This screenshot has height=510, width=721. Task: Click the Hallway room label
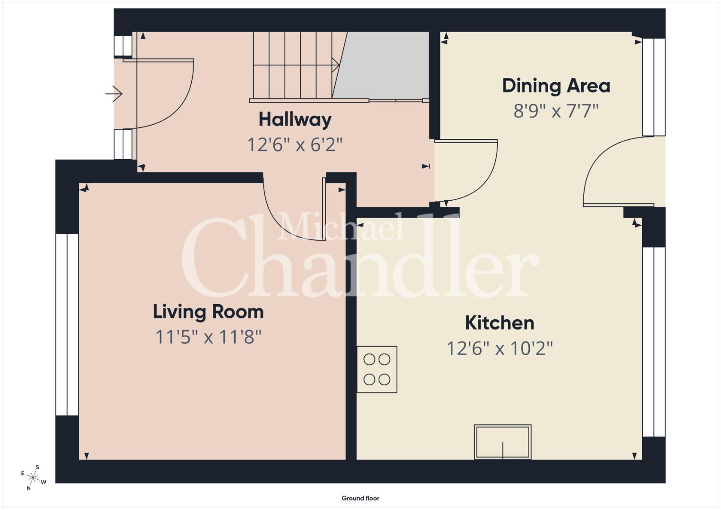295,120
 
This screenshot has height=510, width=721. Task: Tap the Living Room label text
208,312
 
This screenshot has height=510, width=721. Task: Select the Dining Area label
556,86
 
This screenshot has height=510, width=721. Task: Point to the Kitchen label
500,323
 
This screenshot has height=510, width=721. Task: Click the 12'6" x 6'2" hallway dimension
295,144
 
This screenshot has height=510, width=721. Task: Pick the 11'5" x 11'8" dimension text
208,337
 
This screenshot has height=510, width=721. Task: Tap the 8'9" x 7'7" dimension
556,111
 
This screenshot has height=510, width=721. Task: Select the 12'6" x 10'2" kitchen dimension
500,348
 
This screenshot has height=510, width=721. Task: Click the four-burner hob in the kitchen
377,369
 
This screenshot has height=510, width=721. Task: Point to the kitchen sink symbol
503,442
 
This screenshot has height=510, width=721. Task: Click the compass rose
33,477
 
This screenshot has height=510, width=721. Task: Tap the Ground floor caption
361,498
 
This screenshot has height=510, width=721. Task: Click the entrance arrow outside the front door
114,93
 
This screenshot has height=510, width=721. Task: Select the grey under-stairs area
381,65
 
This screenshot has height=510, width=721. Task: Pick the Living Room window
67,324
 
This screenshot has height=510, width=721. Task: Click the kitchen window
654,342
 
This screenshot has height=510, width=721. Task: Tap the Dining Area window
654,87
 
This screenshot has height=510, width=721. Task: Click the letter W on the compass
44,482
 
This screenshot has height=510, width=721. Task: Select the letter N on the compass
29,488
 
